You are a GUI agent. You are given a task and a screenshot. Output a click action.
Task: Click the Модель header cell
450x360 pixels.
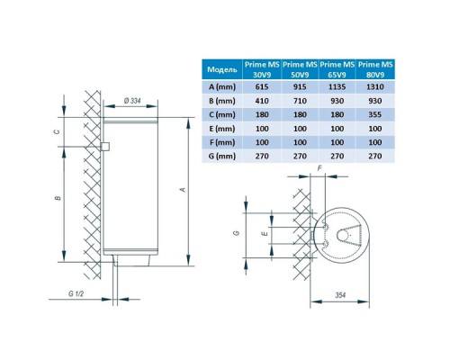(222, 69)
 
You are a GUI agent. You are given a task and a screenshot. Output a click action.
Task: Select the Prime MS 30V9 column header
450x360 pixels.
(262, 69)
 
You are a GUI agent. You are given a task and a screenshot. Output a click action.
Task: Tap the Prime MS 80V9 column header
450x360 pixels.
(375, 69)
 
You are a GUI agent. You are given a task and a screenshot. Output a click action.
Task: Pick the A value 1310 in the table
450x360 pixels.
(375, 87)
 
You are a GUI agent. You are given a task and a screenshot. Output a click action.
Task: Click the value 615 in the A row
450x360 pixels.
(262, 87)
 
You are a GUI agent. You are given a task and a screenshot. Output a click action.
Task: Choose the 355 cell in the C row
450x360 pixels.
(375, 114)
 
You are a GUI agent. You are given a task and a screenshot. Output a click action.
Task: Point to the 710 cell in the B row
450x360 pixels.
(300, 101)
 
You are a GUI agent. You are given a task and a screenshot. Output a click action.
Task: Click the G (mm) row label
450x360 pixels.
(222, 157)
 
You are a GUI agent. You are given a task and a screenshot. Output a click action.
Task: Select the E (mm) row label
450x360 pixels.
(222, 129)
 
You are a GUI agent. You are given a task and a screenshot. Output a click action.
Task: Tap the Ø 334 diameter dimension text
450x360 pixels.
(132, 101)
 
